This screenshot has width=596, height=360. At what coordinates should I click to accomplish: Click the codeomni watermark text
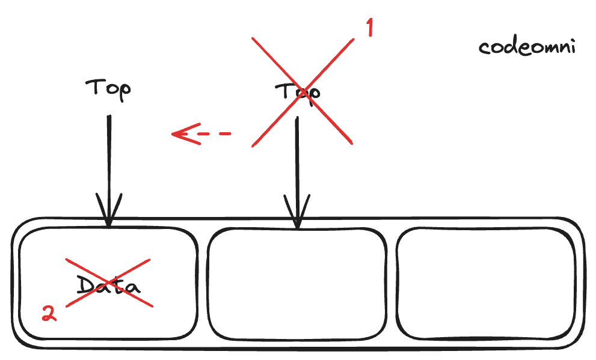coord(527,47)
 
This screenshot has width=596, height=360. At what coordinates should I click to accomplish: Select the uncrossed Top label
coord(108,89)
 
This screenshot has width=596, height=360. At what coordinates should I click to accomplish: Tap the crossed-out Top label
coord(298,92)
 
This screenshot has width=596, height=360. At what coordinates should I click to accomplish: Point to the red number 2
coord(49,313)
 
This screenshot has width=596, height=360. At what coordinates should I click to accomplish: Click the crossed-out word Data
coord(108,284)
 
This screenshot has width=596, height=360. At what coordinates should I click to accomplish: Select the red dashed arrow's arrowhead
coord(180,133)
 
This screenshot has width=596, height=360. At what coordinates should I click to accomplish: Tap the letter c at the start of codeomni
coord(485,49)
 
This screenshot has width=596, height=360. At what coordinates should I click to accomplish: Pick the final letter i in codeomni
coord(571,47)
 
